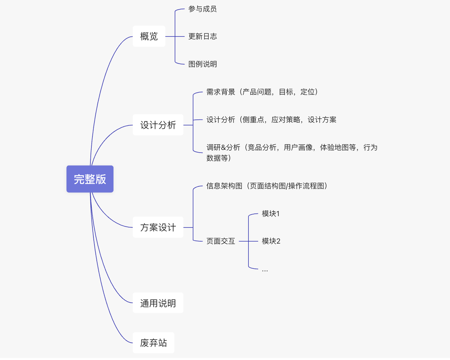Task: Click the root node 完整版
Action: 90,179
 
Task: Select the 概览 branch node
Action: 149,36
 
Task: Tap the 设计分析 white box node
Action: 158,125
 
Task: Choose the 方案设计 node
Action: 158,228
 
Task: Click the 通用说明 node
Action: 158,303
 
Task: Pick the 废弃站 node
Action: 153,343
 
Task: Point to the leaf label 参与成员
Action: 203,9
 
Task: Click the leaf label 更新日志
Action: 203,36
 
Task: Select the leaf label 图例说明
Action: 203,64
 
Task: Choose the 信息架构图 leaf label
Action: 224,186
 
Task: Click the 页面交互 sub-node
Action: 221,241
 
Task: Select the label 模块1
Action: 271,213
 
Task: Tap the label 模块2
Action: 271,241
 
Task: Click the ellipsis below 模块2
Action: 265,270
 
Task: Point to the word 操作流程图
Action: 306,186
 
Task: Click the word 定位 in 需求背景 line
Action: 307,92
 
